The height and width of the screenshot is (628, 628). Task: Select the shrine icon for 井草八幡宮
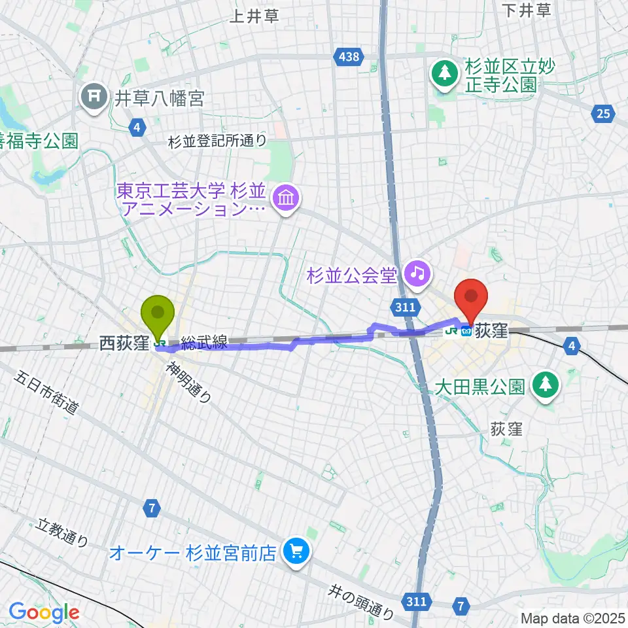[94, 98]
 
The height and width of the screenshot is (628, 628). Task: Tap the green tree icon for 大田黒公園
[544, 383]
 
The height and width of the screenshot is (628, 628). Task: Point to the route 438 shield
[349, 57]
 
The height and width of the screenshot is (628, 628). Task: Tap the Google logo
[44, 612]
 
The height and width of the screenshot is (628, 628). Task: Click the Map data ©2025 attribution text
[574, 618]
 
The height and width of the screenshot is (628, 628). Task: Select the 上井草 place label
[254, 16]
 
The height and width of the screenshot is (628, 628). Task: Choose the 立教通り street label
[63, 531]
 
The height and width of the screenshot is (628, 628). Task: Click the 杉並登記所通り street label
[217, 139]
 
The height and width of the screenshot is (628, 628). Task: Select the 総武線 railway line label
[204, 342]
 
